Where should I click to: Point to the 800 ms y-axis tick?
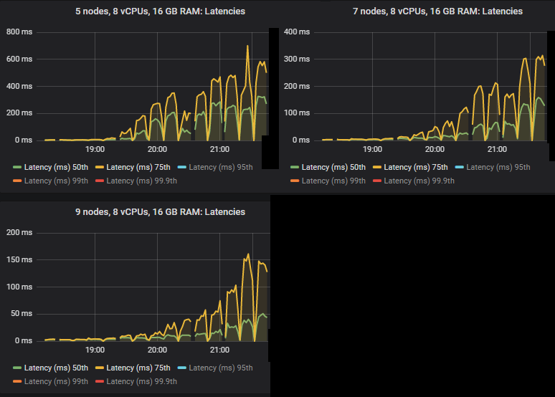coord(19,32)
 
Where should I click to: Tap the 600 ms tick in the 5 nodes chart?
coord(19,59)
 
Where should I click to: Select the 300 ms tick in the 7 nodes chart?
coord(297,59)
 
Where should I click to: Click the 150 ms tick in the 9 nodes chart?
coord(19,259)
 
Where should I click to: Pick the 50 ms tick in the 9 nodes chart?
coord(22,314)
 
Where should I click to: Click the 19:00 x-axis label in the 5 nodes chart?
coord(95,150)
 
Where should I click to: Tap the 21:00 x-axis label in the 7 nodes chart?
coord(497,150)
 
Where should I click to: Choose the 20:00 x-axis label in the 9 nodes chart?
coord(158,350)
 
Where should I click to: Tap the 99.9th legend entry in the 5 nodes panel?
coord(136,181)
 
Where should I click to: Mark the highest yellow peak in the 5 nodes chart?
coord(248,47)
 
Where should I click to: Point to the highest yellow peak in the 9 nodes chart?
coord(248,254)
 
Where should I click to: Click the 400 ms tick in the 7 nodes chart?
coord(297,32)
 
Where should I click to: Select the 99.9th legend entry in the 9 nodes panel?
coord(136,381)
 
